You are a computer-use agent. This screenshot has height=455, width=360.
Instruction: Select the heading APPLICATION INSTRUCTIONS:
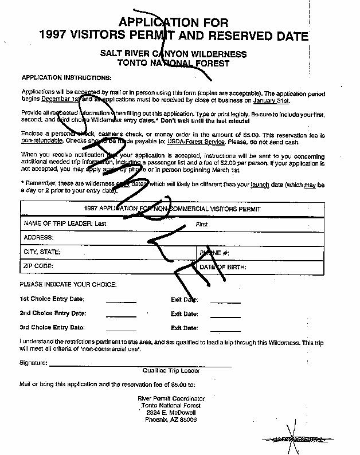click(66, 77)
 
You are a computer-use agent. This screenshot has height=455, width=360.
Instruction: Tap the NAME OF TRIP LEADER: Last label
click(65, 224)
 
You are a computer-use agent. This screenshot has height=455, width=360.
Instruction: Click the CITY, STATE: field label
click(42, 252)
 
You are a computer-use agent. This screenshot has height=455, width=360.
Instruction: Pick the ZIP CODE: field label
click(38, 266)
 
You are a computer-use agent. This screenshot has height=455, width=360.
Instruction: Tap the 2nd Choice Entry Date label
click(53, 313)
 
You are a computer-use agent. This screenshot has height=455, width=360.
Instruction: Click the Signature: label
click(33, 363)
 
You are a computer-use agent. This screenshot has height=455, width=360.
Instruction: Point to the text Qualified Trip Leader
click(171, 371)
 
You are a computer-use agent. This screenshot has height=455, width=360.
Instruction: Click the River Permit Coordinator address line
click(171, 398)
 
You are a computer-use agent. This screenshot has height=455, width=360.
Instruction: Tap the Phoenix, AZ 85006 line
click(171, 419)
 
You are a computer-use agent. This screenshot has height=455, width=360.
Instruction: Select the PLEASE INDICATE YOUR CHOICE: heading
click(68, 285)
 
